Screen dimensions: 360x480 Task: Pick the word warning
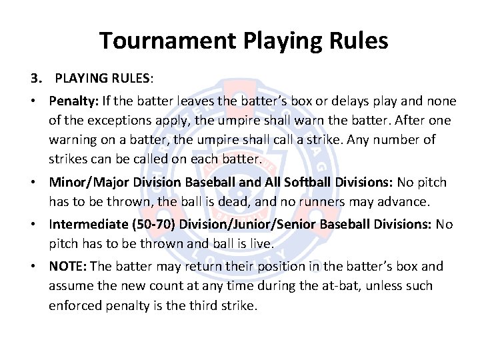tap(77, 139)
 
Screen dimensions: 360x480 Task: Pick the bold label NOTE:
tap(67, 267)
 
